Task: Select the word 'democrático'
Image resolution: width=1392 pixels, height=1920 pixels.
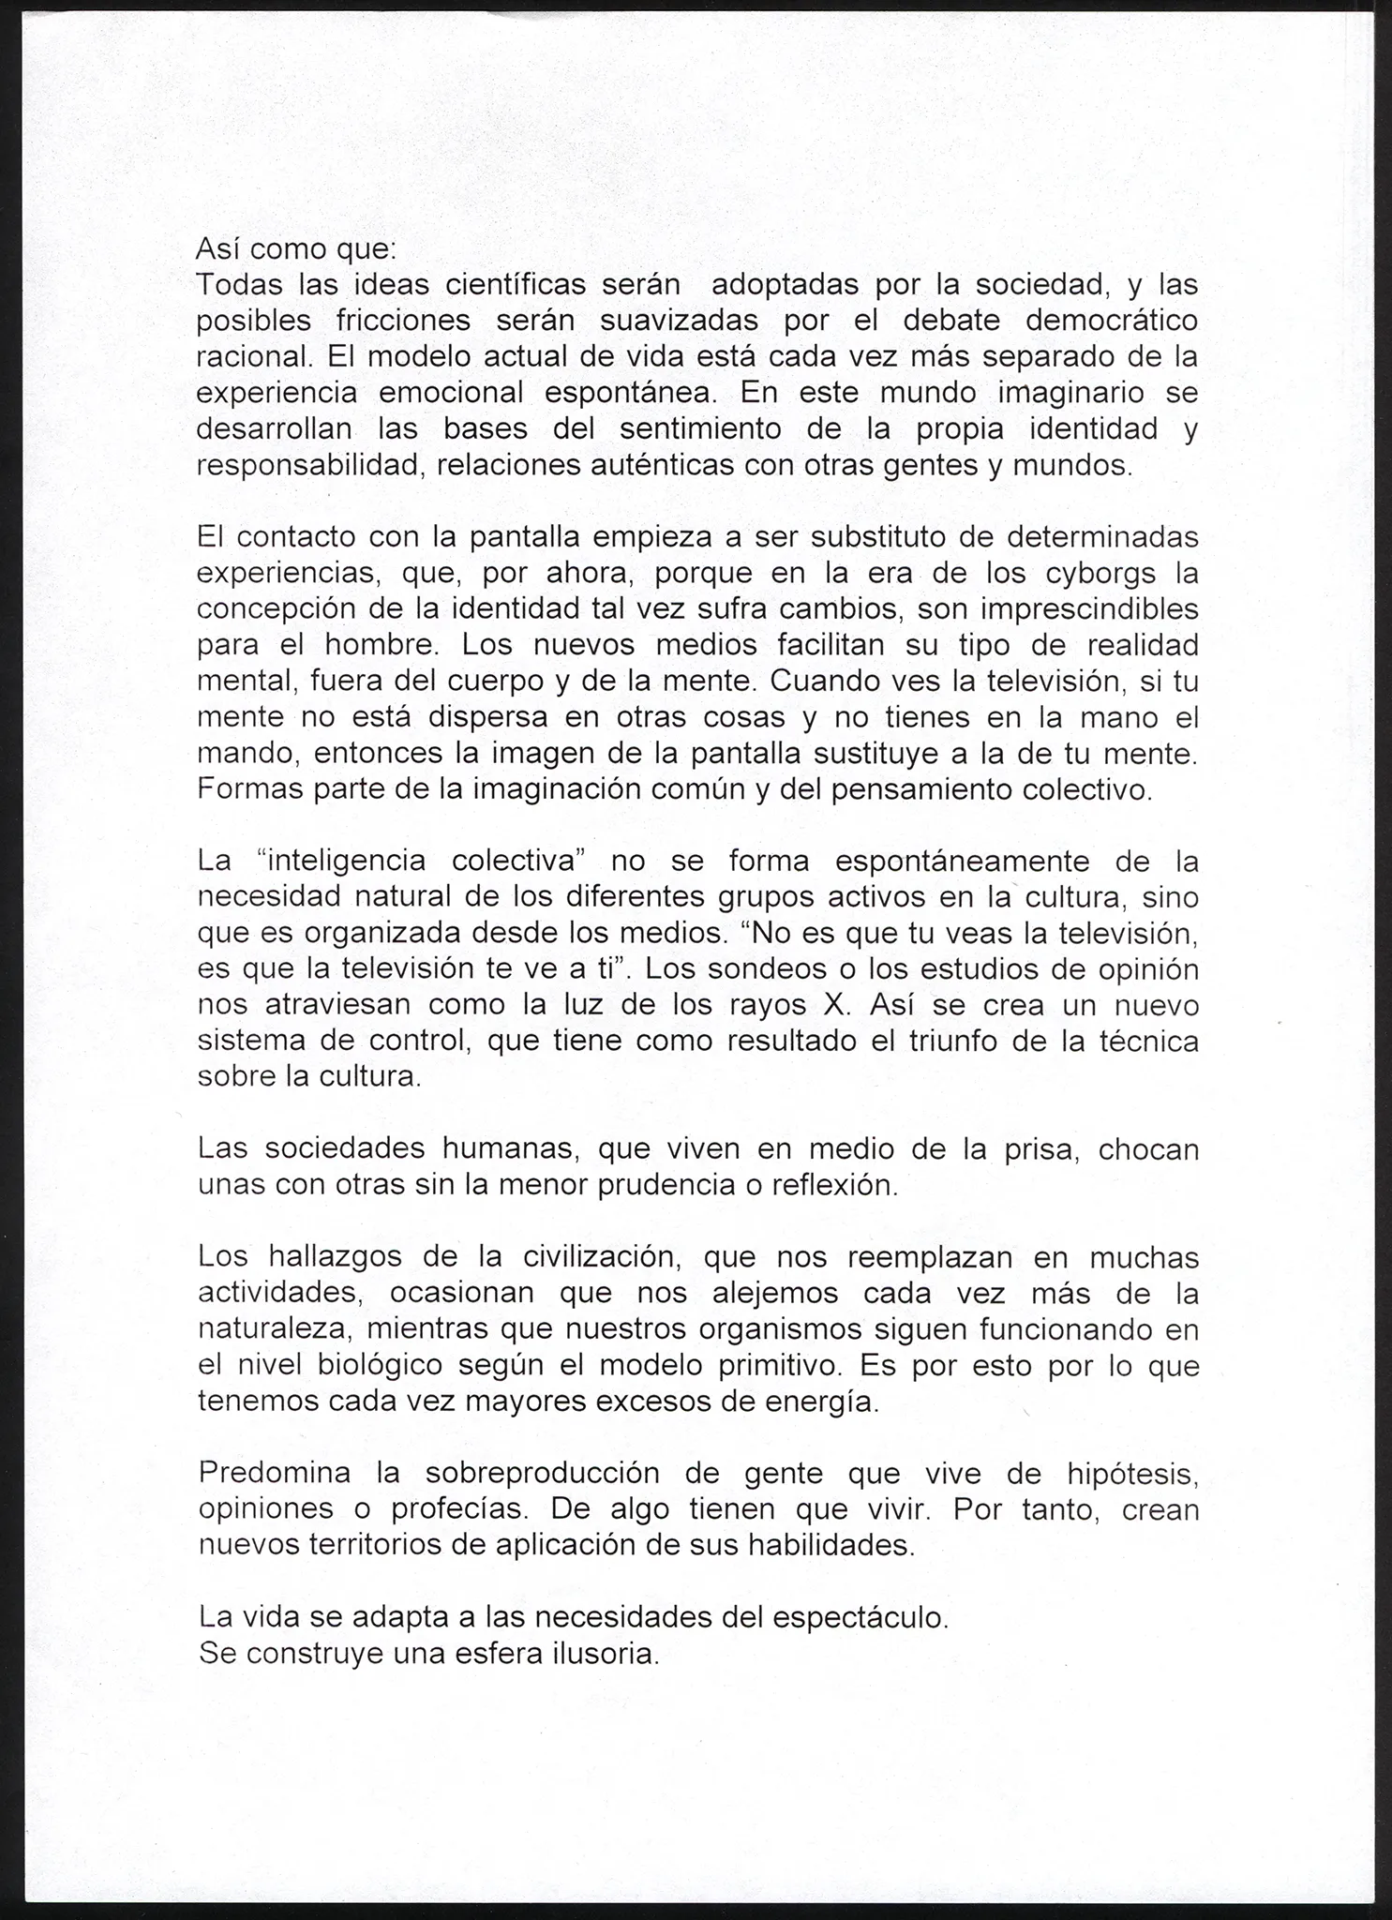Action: pos(1112,321)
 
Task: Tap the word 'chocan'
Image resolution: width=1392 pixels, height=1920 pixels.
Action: pos(1148,1149)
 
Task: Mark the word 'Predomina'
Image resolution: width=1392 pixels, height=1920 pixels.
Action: pos(275,1474)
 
